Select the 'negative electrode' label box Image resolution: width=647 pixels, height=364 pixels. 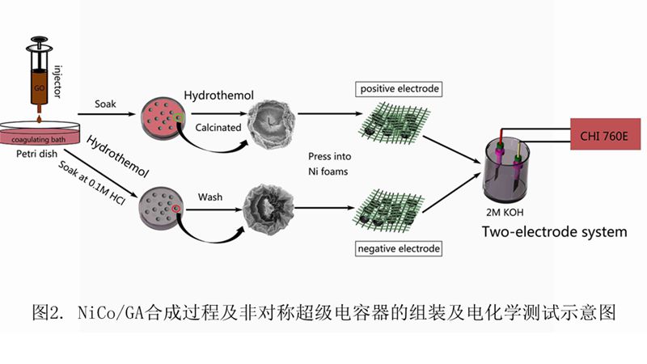[x=399, y=248]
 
